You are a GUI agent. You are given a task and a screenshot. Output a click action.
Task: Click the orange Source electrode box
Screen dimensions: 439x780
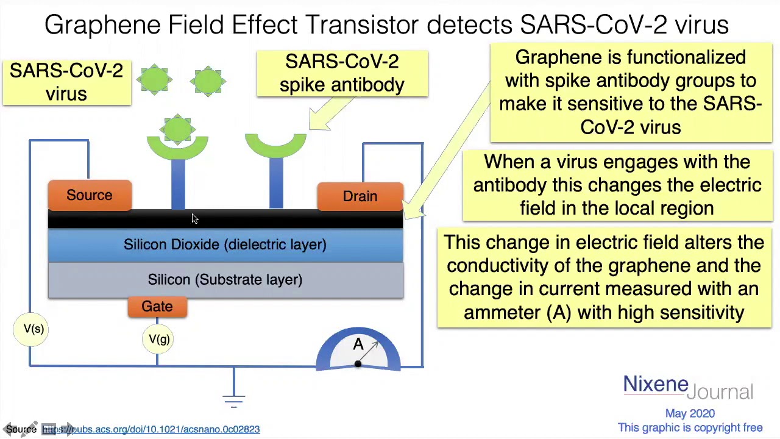[90, 195]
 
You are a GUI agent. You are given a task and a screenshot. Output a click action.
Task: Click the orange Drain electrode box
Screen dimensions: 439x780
[360, 196]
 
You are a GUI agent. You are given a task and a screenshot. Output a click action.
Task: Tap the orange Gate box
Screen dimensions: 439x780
[157, 307]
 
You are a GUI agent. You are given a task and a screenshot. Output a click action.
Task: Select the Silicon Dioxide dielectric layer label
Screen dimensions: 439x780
[225, 244]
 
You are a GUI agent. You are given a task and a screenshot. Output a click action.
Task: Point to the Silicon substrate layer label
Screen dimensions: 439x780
[225, 280]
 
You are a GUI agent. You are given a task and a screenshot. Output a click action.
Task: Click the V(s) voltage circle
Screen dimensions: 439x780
[31, 329]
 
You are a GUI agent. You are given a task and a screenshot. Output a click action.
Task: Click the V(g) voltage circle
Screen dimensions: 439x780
[158, 339]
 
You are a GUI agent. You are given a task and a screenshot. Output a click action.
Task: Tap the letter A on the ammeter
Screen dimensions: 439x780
[358, 344]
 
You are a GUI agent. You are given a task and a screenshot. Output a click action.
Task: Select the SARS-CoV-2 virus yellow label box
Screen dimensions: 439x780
[66, 82]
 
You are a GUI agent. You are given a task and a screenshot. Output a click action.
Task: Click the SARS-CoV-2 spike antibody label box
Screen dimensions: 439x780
[342, 74]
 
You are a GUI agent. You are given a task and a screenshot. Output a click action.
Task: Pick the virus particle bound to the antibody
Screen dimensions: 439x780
[177, 129]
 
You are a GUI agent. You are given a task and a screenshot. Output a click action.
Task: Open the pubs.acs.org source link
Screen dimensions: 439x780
[151, 429]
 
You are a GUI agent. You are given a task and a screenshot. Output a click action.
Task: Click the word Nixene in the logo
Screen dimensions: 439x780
[655, 384]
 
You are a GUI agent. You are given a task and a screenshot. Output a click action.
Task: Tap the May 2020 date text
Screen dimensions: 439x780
[690, 413]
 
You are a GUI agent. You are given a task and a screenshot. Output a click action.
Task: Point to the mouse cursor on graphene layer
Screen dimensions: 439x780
[194, 218]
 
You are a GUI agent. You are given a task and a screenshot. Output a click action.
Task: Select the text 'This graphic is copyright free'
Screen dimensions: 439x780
[690, 427]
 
